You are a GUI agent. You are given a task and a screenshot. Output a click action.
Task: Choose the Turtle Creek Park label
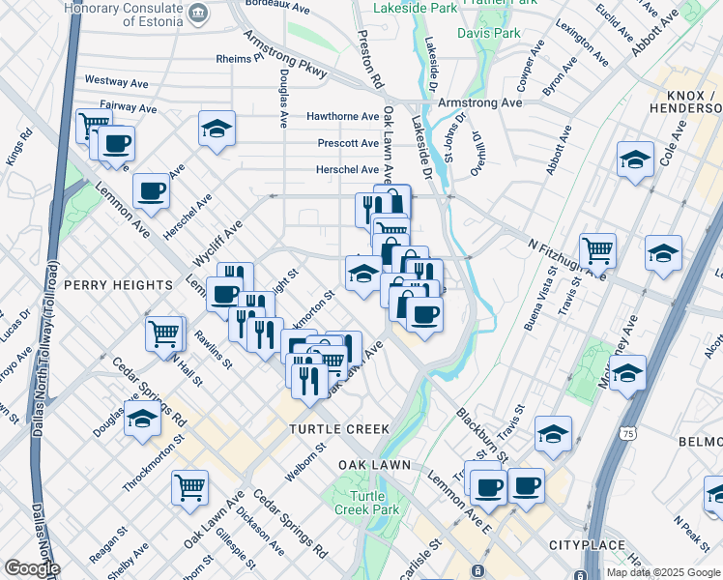click(x=366, y=502)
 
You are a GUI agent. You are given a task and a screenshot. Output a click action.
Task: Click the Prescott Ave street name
click(x=348, y=143)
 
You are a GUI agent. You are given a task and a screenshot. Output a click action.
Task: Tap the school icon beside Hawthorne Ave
click(x=217, y=129)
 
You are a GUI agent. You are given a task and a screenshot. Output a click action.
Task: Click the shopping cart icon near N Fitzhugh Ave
click(x=598, y=250)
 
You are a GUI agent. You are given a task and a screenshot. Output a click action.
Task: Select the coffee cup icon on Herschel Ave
click(x=151, y=189)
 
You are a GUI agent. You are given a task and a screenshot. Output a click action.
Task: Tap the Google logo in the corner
click(x=31, y=569)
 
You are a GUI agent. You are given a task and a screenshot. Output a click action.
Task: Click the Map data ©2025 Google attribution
click(x=662, y=572)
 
